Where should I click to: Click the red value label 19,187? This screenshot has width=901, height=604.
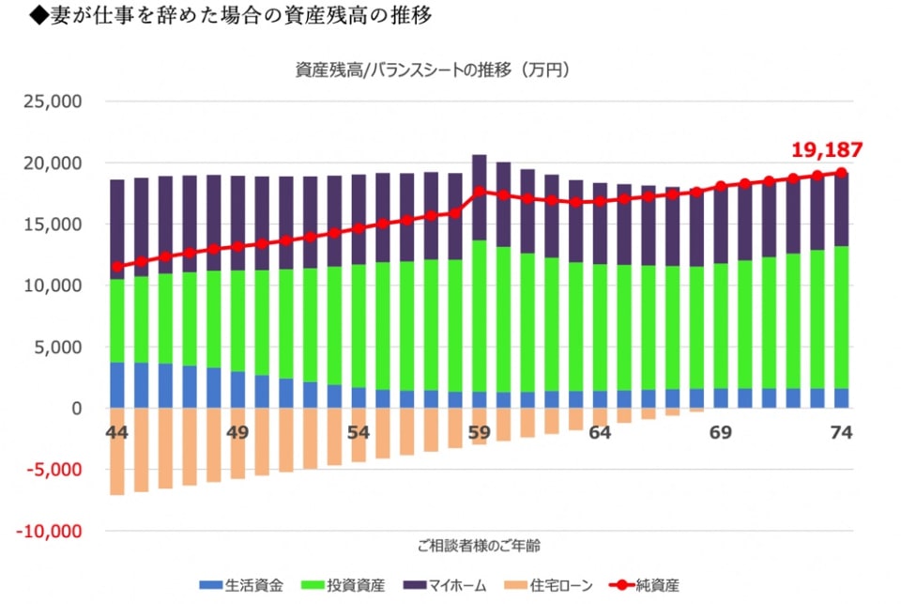point(826,149)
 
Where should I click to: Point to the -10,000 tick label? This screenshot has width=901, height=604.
point(52,531)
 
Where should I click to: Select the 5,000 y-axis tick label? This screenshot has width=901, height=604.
point(62,348)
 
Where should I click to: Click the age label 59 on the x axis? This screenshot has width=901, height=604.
point(479,433)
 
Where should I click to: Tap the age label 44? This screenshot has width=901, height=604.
point(117,433)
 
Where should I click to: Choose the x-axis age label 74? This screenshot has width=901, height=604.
point(841,433)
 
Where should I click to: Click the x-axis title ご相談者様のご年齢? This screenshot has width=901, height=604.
point(479,545)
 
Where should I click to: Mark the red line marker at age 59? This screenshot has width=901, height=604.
point(479,191)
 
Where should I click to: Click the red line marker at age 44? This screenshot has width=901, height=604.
point(117,267)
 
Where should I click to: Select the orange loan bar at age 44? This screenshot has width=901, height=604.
point(117,451)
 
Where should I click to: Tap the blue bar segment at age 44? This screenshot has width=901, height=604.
point(117,385)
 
